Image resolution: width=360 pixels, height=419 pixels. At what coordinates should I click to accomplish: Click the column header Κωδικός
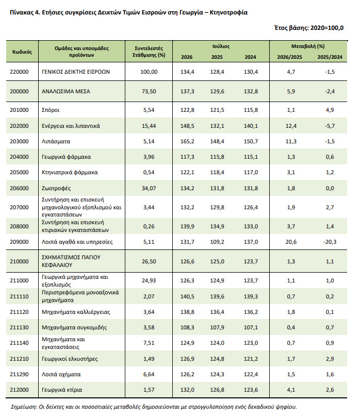pos(22,52)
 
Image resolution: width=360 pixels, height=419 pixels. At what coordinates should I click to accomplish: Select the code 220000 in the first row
pos(19,72)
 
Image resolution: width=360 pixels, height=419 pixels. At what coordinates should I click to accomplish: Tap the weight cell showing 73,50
pos(149,91)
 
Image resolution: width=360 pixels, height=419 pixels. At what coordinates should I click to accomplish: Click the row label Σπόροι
pos(51,110)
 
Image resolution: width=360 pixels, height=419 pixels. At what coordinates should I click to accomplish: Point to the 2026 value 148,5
pos(187,126)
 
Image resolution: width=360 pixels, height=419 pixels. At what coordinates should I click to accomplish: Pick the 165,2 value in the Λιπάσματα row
pos(187,141)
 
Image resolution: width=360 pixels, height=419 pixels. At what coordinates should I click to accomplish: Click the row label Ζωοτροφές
pos(56,189)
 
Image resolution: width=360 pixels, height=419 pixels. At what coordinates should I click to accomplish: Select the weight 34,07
pos(149,189)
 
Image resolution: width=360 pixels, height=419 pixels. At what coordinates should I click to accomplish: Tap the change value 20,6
pos(291,242)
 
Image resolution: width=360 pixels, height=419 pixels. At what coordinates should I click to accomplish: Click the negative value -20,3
pos(330,242)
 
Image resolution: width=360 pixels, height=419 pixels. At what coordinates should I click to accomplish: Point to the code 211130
pos(19,327)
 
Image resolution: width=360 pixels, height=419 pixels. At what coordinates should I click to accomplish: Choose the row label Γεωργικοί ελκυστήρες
pos(70,359)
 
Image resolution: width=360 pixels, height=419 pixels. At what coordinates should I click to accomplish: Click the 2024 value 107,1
pos(251,327)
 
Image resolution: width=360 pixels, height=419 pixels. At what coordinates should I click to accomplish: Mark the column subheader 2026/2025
pos(289,57)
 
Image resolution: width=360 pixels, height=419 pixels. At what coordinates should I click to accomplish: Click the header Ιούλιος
pos(221,46)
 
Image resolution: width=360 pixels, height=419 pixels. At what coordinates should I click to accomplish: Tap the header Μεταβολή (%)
pos(308,46)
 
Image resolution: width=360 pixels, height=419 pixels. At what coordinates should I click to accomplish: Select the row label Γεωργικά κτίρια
pos(62,390)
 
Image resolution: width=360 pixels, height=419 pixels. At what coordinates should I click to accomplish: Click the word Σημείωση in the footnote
pos(24,407)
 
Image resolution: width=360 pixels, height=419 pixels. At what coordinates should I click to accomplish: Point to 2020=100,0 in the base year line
pos(327,28)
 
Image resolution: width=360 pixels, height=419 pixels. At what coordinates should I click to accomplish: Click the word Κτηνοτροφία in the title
pos(228,12)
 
